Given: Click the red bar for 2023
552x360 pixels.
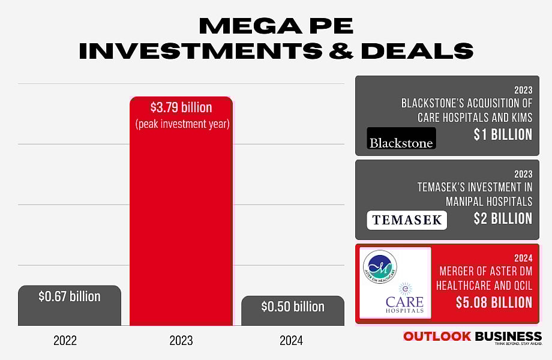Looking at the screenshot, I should (x=181, y=228).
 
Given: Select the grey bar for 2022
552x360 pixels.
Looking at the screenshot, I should (x=70, y=312).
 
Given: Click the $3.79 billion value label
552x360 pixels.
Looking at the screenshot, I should (x=181, y=108).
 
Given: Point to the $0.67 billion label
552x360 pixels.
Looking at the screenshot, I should (x=70, y=296).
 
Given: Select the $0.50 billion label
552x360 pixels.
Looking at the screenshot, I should (x=292, y=307).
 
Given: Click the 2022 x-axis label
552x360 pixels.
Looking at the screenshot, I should (x=65, y=341).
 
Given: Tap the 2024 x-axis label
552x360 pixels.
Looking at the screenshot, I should (x=291, y=341).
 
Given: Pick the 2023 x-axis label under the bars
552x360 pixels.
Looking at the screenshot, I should (x=181, y=341).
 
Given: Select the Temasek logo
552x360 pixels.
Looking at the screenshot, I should (x=407, y=220).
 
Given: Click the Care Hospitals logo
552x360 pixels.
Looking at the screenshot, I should (x=404, y=298).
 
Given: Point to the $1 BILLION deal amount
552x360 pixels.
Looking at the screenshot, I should (x=502, y=134).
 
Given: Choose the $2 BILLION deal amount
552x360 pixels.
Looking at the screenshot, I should (x=502, y=218).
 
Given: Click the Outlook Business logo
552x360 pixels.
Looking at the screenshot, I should (x=472, y=338).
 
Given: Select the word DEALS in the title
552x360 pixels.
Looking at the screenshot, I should (x=417, y=52).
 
